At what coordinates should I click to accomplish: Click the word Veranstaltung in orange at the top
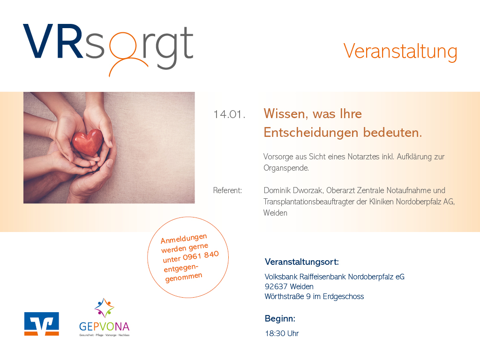tap(400, 52)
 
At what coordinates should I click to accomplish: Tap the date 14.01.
tap(229, 114)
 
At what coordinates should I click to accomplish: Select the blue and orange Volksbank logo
tap(42, 324)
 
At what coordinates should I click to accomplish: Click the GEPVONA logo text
tap(105, 327)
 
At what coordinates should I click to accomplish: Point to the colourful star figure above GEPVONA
tap(105, 307)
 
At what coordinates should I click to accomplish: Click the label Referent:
tap(227, 190)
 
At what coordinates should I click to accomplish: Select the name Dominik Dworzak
tap(293, 190)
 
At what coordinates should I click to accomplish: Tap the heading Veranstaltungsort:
tap(302, 262)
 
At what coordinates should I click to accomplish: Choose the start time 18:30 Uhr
tap(282, 333)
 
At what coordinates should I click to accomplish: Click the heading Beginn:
tap(280, 319)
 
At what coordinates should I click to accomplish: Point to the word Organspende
tap(285, 168)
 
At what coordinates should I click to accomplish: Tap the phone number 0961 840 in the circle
tap(201, 256)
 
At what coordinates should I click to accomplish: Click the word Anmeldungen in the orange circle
tap(184, 239)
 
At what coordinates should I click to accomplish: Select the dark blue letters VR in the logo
tap(53, 41)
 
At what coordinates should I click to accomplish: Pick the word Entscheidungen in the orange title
tap(311, 133)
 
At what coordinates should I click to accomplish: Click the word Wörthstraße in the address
tap(284, 297)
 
